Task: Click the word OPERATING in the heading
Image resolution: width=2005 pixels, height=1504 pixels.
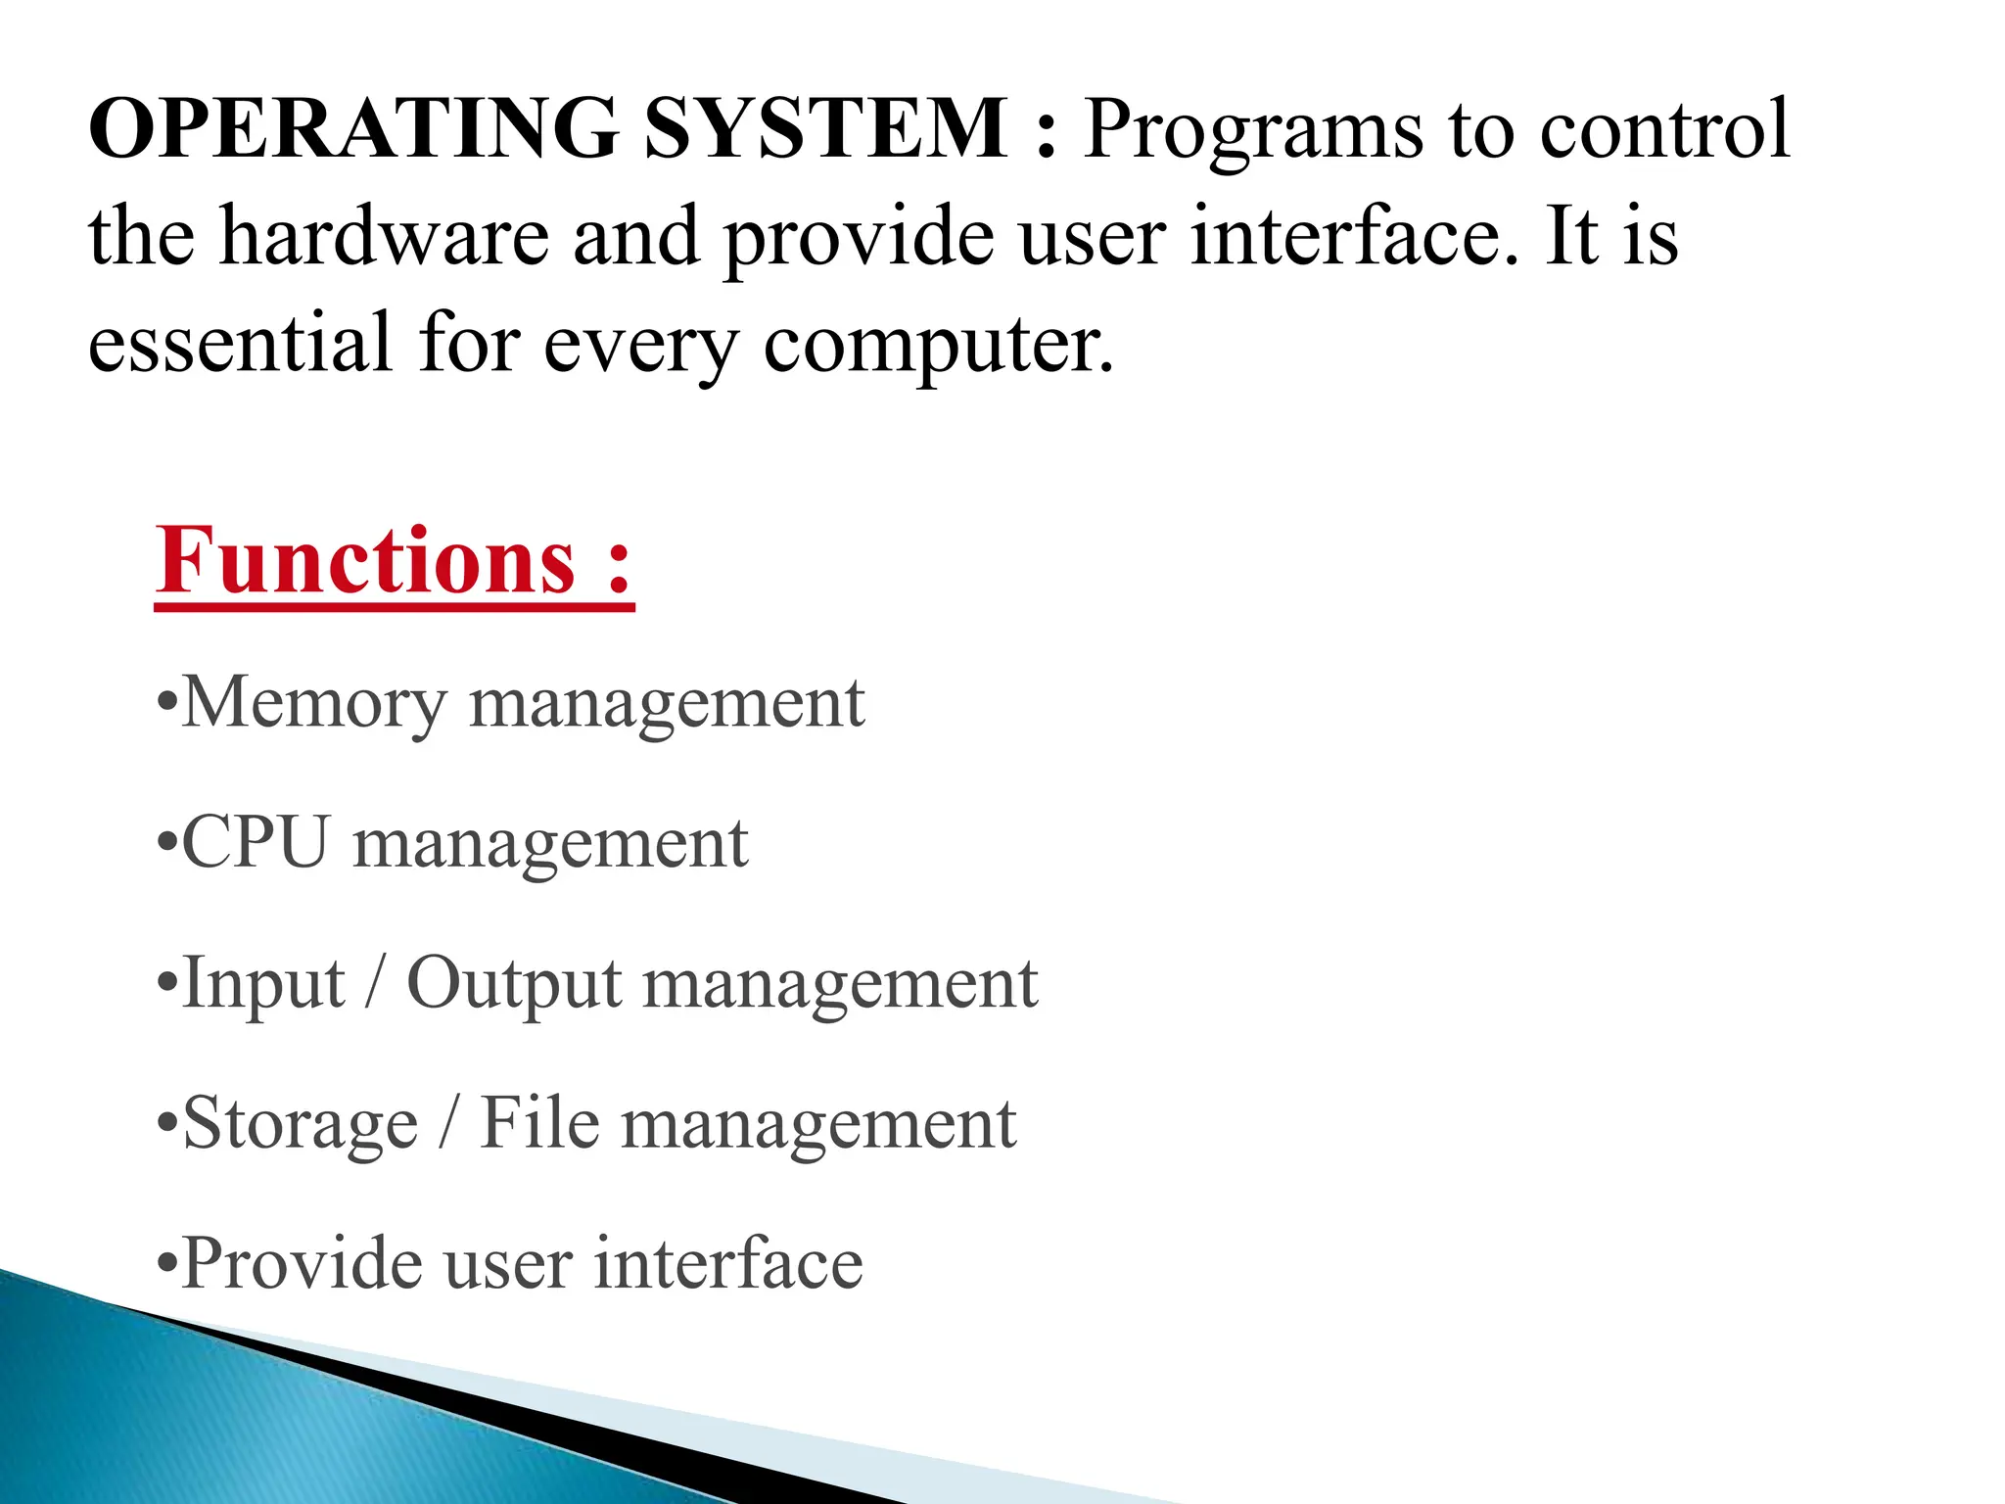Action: pyautogui.click(x=353, y=128)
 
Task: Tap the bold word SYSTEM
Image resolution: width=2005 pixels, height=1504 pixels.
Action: pyautogui.click(x=825, y=128)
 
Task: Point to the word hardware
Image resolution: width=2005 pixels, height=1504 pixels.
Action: pyautogui.click(x=384, y=236)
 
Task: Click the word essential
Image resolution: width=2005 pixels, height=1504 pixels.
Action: pyautogui.click(x=240, y=342)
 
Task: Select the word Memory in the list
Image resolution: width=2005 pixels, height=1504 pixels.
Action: pyautogui.click(x=313, y=704)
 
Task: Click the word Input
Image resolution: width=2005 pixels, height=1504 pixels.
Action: pyautogui.click(x=263, y=984)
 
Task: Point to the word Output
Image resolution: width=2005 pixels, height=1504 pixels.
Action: pyautogui.click(x=513, y=984)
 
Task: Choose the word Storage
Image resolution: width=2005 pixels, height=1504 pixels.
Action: pyautogui.click(x=301, y=1124)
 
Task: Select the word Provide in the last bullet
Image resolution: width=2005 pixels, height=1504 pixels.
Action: pyautogui.click(x=302, y=1263)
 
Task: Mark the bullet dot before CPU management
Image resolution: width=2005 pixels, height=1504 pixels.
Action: pyautogui.click(x=167, y=845)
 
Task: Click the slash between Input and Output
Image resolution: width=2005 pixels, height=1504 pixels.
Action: pyautogui.click(x=374, y=983)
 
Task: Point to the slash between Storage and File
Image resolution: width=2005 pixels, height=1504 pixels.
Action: pyautogui.click(x=448, y=1123)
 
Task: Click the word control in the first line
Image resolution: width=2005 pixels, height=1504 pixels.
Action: pyautogui.click(x=1664, y=128)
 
